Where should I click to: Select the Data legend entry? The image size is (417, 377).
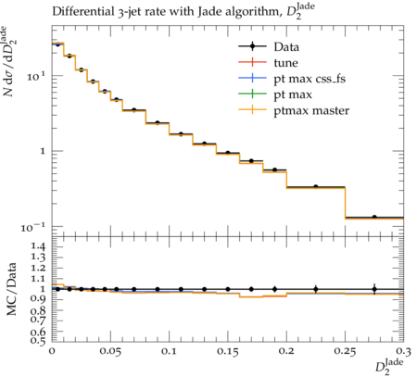point(269,47)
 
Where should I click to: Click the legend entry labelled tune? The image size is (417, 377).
point(268,63)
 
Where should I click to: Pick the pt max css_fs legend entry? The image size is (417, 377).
point(292,79)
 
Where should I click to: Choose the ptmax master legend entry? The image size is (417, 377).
point(294,110)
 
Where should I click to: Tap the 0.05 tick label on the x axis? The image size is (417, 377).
point(110,352)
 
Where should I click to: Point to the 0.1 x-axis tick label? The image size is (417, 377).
point(169,352)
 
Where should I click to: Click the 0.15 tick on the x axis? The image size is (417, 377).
point(228,352)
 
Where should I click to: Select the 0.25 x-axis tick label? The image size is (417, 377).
point(345,352)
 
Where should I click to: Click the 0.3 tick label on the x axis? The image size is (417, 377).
point(403,352)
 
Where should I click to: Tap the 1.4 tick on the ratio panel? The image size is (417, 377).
point(38,246)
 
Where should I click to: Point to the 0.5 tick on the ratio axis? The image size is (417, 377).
point(38,340)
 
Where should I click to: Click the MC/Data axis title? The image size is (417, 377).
point(12,289)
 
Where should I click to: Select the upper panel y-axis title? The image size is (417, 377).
point(9,62)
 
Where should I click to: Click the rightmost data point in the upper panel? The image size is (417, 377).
point(374,217)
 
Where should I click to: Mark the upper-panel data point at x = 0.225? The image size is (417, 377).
point(316,186)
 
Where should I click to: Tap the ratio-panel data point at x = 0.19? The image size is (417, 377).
point(274,289)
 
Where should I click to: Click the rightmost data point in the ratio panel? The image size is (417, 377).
point(374,289)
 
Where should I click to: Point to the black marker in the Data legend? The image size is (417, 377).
point(252,46)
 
